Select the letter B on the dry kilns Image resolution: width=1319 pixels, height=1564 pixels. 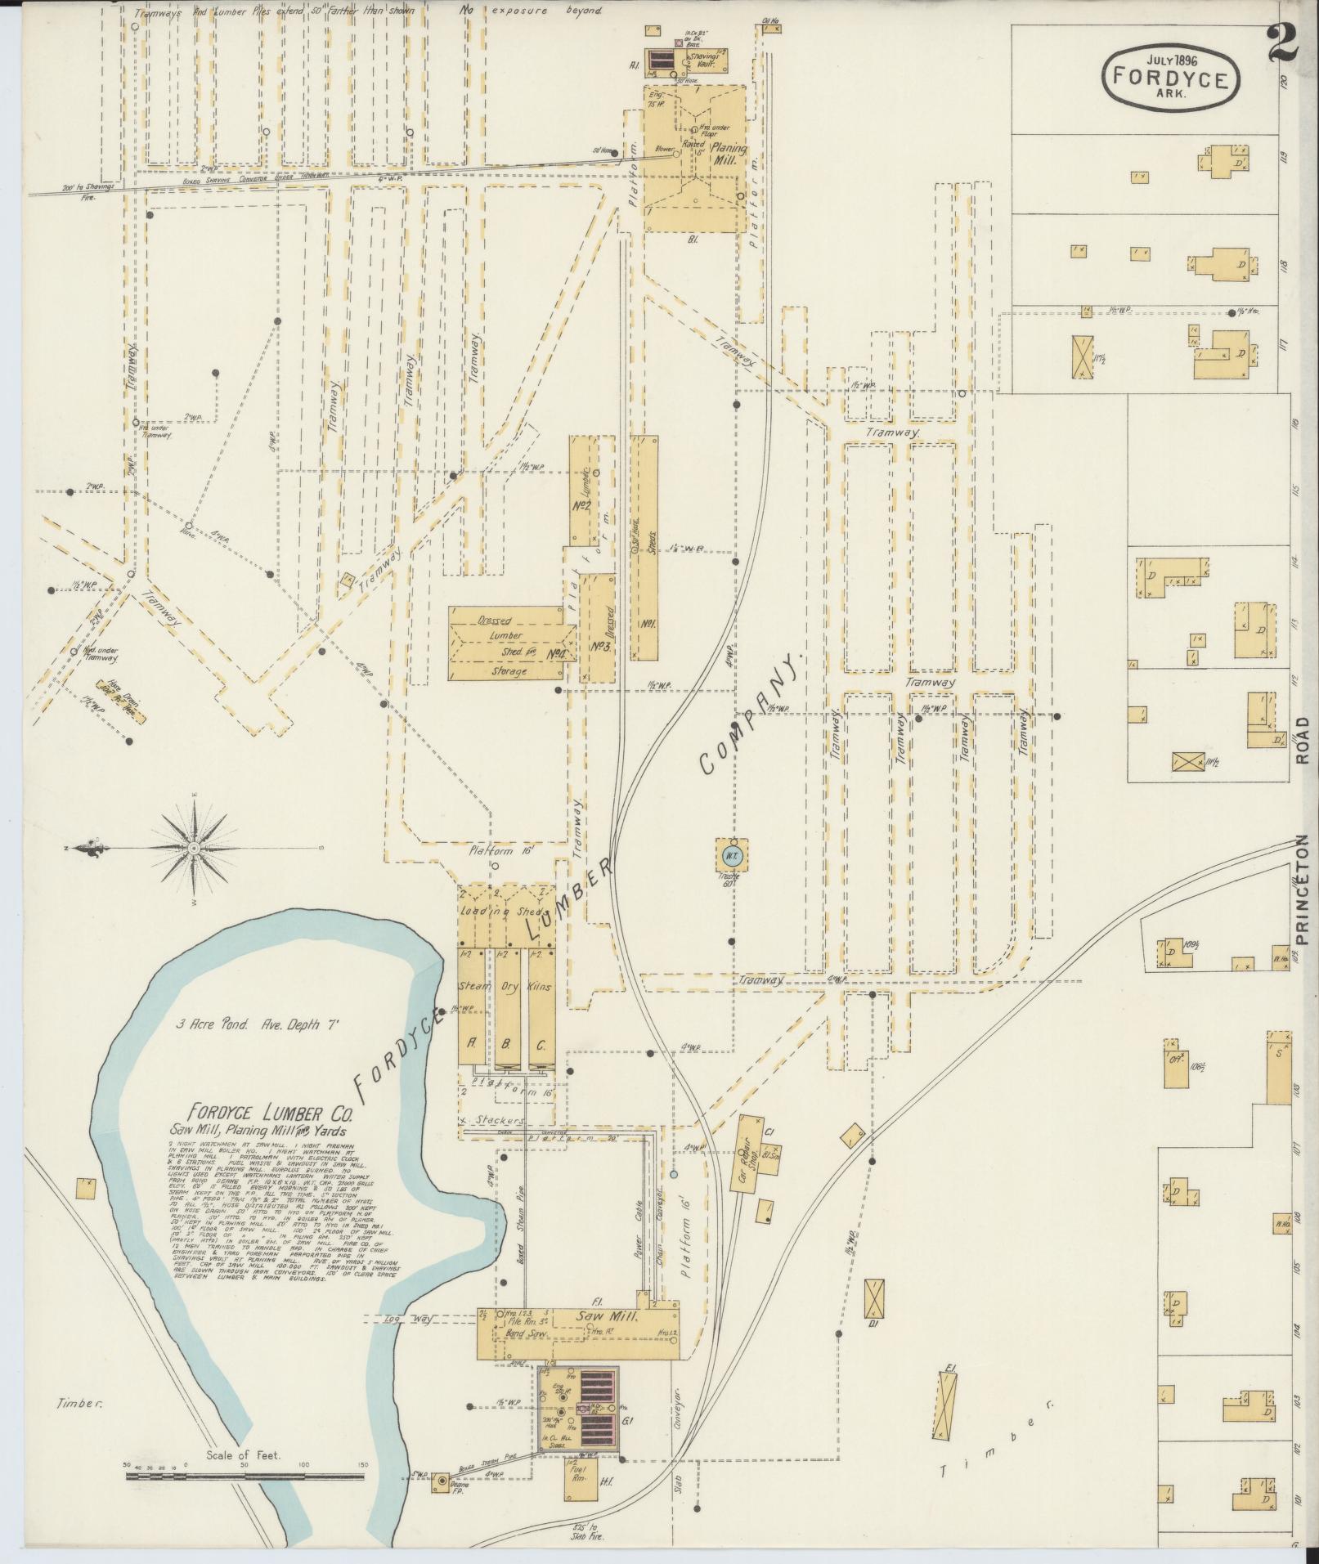pos(505,1045)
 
